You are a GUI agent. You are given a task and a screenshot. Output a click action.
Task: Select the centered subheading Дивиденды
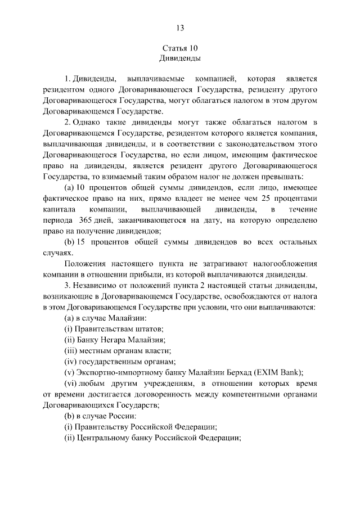(180, 58)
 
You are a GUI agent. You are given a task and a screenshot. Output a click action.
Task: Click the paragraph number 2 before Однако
(67, 122)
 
